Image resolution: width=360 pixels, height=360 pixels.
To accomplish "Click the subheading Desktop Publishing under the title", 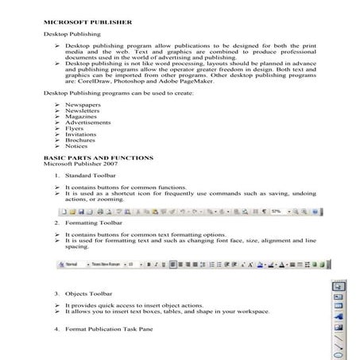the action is (71, 35).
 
